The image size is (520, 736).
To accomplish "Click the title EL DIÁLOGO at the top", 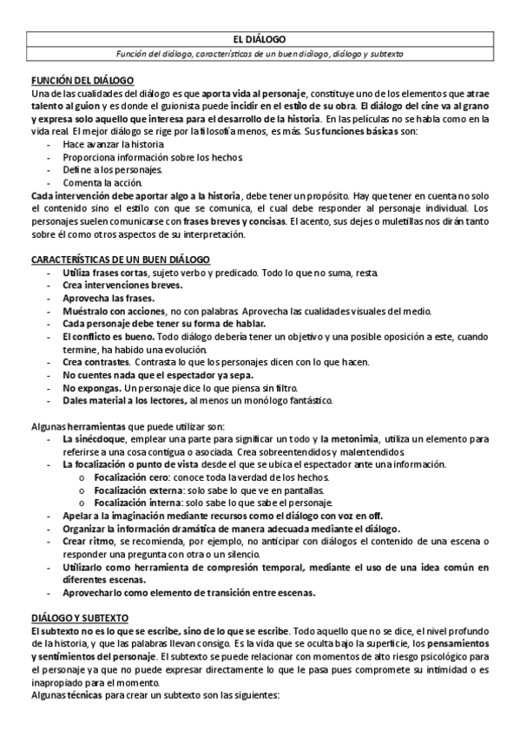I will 260,39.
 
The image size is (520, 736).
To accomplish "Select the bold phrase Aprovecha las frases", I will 105,298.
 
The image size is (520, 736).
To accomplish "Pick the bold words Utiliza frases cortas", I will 109,273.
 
